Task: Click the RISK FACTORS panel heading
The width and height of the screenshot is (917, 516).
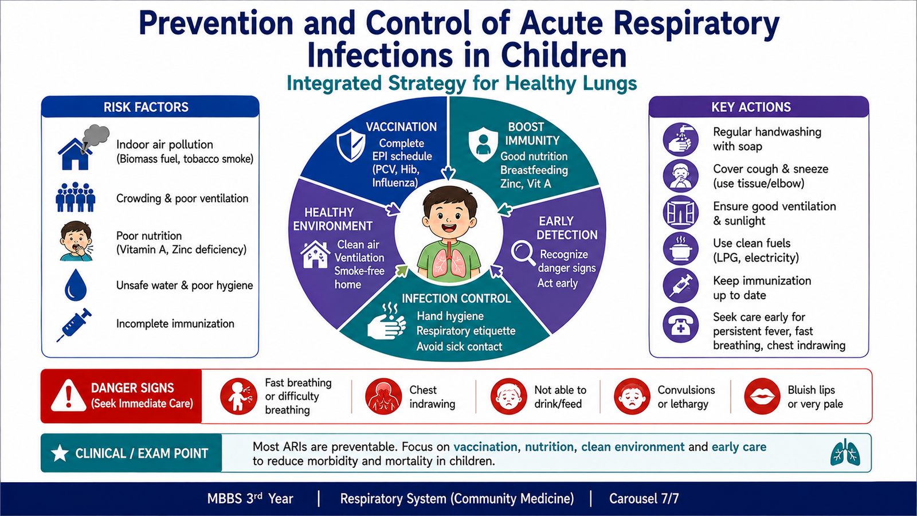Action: [x=146, y=107]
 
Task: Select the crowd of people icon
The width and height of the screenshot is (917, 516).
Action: [x=75, y=197]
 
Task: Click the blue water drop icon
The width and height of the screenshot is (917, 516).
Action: [x=76, y=285]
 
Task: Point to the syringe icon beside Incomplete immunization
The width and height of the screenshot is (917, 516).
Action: [x=74, y=325]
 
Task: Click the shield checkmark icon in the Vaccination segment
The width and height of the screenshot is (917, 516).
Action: [x=351, y=146]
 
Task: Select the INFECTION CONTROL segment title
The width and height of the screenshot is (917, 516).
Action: [x=456, y=299]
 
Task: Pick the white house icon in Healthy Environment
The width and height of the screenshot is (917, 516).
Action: [x=315, y=255]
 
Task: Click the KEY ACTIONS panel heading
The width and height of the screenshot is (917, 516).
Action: [x=751, y=107]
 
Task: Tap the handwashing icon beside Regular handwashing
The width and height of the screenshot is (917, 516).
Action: [x=680, y=139]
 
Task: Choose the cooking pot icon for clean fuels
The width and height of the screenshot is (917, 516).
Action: [x=680, y=249]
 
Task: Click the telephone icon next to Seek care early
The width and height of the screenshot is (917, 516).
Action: [x=680, y=325]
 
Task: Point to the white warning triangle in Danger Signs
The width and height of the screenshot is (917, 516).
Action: [x=68, y=395]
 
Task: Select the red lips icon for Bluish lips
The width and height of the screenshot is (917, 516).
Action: [x=762, y=396]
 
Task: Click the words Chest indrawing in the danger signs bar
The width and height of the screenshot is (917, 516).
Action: [x=432, y=397]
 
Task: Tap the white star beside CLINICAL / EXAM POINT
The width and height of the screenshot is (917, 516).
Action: [x=60, y=454]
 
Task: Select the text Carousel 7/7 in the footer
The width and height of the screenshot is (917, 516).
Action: [x=644, y=498]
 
